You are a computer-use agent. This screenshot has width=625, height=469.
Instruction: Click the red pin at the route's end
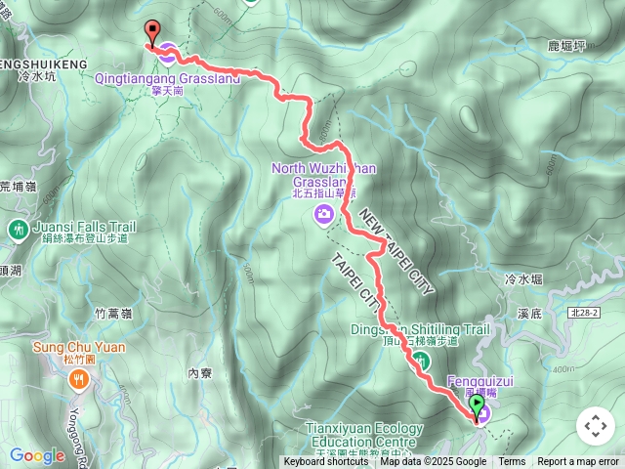click(151, 32)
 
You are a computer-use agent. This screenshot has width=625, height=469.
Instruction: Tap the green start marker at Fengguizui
click(477, 405)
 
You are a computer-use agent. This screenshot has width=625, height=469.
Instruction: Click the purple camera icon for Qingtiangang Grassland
click(167, 52)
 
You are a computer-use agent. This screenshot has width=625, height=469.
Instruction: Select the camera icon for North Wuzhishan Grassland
click(323, 214)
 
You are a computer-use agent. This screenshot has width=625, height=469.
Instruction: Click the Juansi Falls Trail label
click(84, 226)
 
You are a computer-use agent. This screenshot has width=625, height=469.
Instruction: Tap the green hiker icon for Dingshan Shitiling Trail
click(422, 361)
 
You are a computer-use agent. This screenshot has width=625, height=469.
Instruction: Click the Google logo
click(37, 455)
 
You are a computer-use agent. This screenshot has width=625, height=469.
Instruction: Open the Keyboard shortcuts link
click(326, 462)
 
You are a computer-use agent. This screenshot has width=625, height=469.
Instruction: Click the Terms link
click(512, 462)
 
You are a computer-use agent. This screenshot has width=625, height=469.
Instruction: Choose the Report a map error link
click(577, 462)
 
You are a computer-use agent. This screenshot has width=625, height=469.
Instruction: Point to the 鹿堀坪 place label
click(567, 44)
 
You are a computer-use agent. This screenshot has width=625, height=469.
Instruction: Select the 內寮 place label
click(199, 372)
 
